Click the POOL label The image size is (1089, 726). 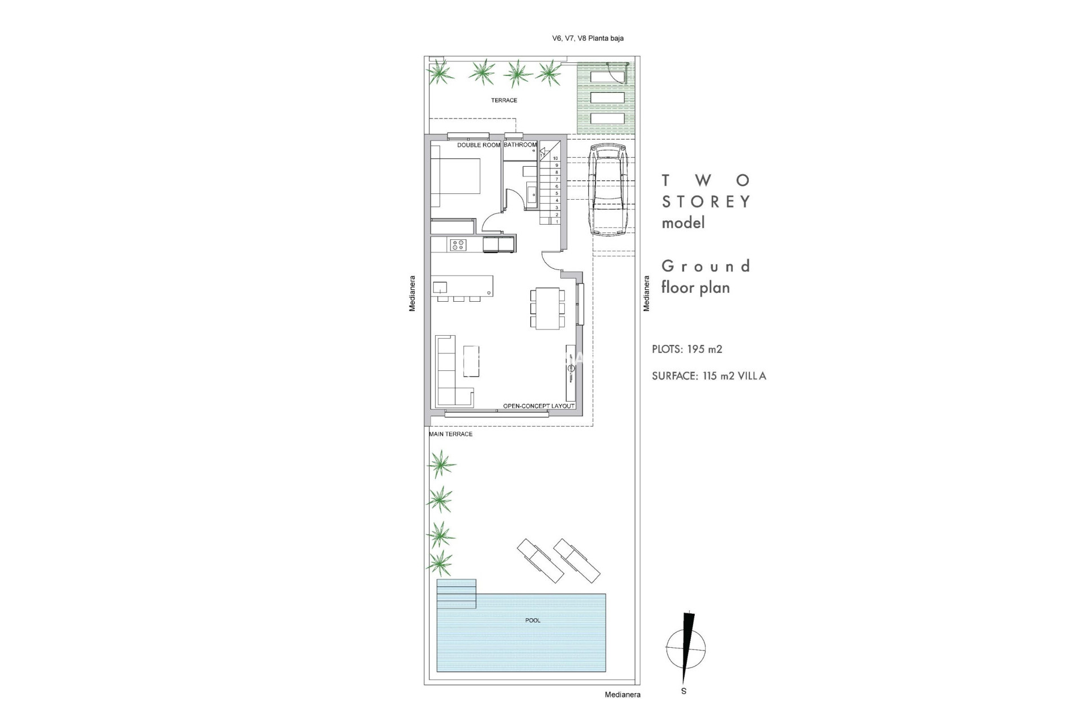coord(533,621)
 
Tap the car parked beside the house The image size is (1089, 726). coord(607,190)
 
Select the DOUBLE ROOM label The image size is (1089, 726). coord(479,145)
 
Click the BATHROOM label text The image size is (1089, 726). coord(520,145)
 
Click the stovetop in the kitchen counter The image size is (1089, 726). coord(458,245)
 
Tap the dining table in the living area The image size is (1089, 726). coord(548,308)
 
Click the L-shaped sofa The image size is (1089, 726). coord(448,372)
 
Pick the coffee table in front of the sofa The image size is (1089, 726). coord(471,361)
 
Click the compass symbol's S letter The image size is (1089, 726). coord(683,691)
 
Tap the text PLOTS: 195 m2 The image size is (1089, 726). coord(687,349)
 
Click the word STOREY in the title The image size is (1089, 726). coord(706,202)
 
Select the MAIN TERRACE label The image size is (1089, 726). coord(451,434)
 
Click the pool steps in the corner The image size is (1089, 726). coord(456,593)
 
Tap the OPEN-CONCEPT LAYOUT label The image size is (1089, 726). coord(539,406)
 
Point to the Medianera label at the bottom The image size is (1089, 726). coord(622,695)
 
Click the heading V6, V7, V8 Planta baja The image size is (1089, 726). coord(588,39)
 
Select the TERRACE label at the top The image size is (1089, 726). coord(504,100)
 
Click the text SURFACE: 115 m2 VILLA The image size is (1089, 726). coord(709,376)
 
